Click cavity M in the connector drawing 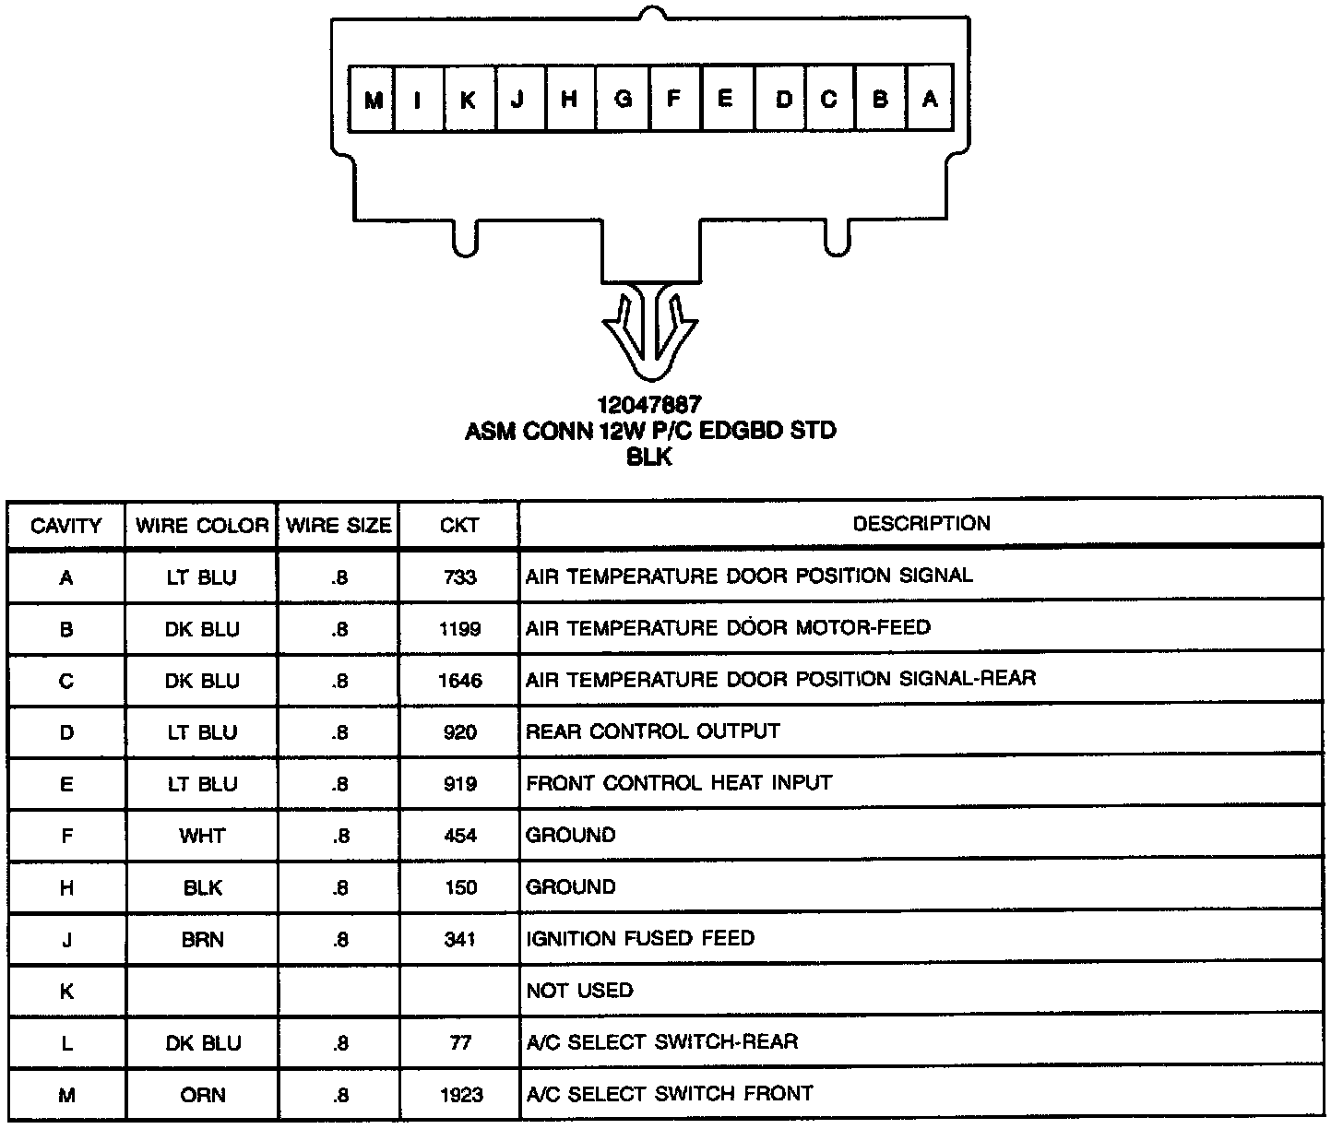[373, 99]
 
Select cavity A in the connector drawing [930, 98]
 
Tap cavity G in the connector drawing [624, 98]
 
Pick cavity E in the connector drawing [725, 98]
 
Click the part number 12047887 [649, 405]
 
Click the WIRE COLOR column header [202, 526]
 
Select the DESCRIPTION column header [921, 524]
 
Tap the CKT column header [459, 526]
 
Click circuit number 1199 [459, 630]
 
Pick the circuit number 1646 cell [459, 682]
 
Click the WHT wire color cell [202, 837]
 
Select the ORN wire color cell [202, 1095]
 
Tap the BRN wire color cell [202, 940]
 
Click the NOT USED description [579, 992]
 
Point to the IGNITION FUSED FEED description [640, 939]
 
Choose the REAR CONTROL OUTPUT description [652, 732]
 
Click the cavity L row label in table [66, 1043]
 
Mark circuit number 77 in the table [459, 1043]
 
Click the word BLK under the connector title [649, 458]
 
